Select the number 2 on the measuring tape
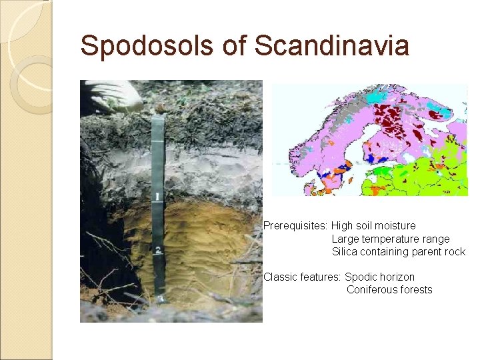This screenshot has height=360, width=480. point(159,250)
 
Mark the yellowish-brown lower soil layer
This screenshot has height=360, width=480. point(207,247)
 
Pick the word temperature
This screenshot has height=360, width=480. point(391,239)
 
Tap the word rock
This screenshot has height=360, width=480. point(453,251)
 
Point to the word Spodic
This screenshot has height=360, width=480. point(361,277)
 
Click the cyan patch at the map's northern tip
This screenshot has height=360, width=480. point(377,97)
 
